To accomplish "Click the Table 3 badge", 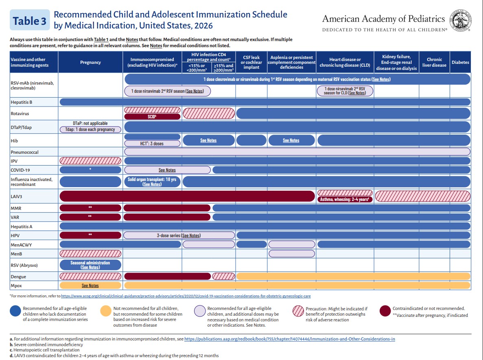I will point(30,20).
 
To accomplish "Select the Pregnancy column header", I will point(90,62).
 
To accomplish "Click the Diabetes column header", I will point(460,62).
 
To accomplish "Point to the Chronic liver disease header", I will point(434,62).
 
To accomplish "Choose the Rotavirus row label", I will point(20,113).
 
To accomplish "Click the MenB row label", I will point(16,254).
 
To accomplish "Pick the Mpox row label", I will point(16,286).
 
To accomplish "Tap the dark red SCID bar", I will point(152,117).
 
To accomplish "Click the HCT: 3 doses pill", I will point(152,143).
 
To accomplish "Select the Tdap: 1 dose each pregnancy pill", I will point(90,129).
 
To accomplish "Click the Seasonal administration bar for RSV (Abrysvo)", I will point(90,265).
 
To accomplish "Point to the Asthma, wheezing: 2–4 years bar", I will point(345,199).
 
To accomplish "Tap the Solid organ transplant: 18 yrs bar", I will point(152,181).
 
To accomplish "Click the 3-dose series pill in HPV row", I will point(179,235).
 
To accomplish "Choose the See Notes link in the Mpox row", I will point(90,286).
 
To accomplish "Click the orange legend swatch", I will point(106,311).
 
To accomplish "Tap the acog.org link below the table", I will point(186,296).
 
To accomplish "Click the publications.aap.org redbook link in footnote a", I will point(289,339).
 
